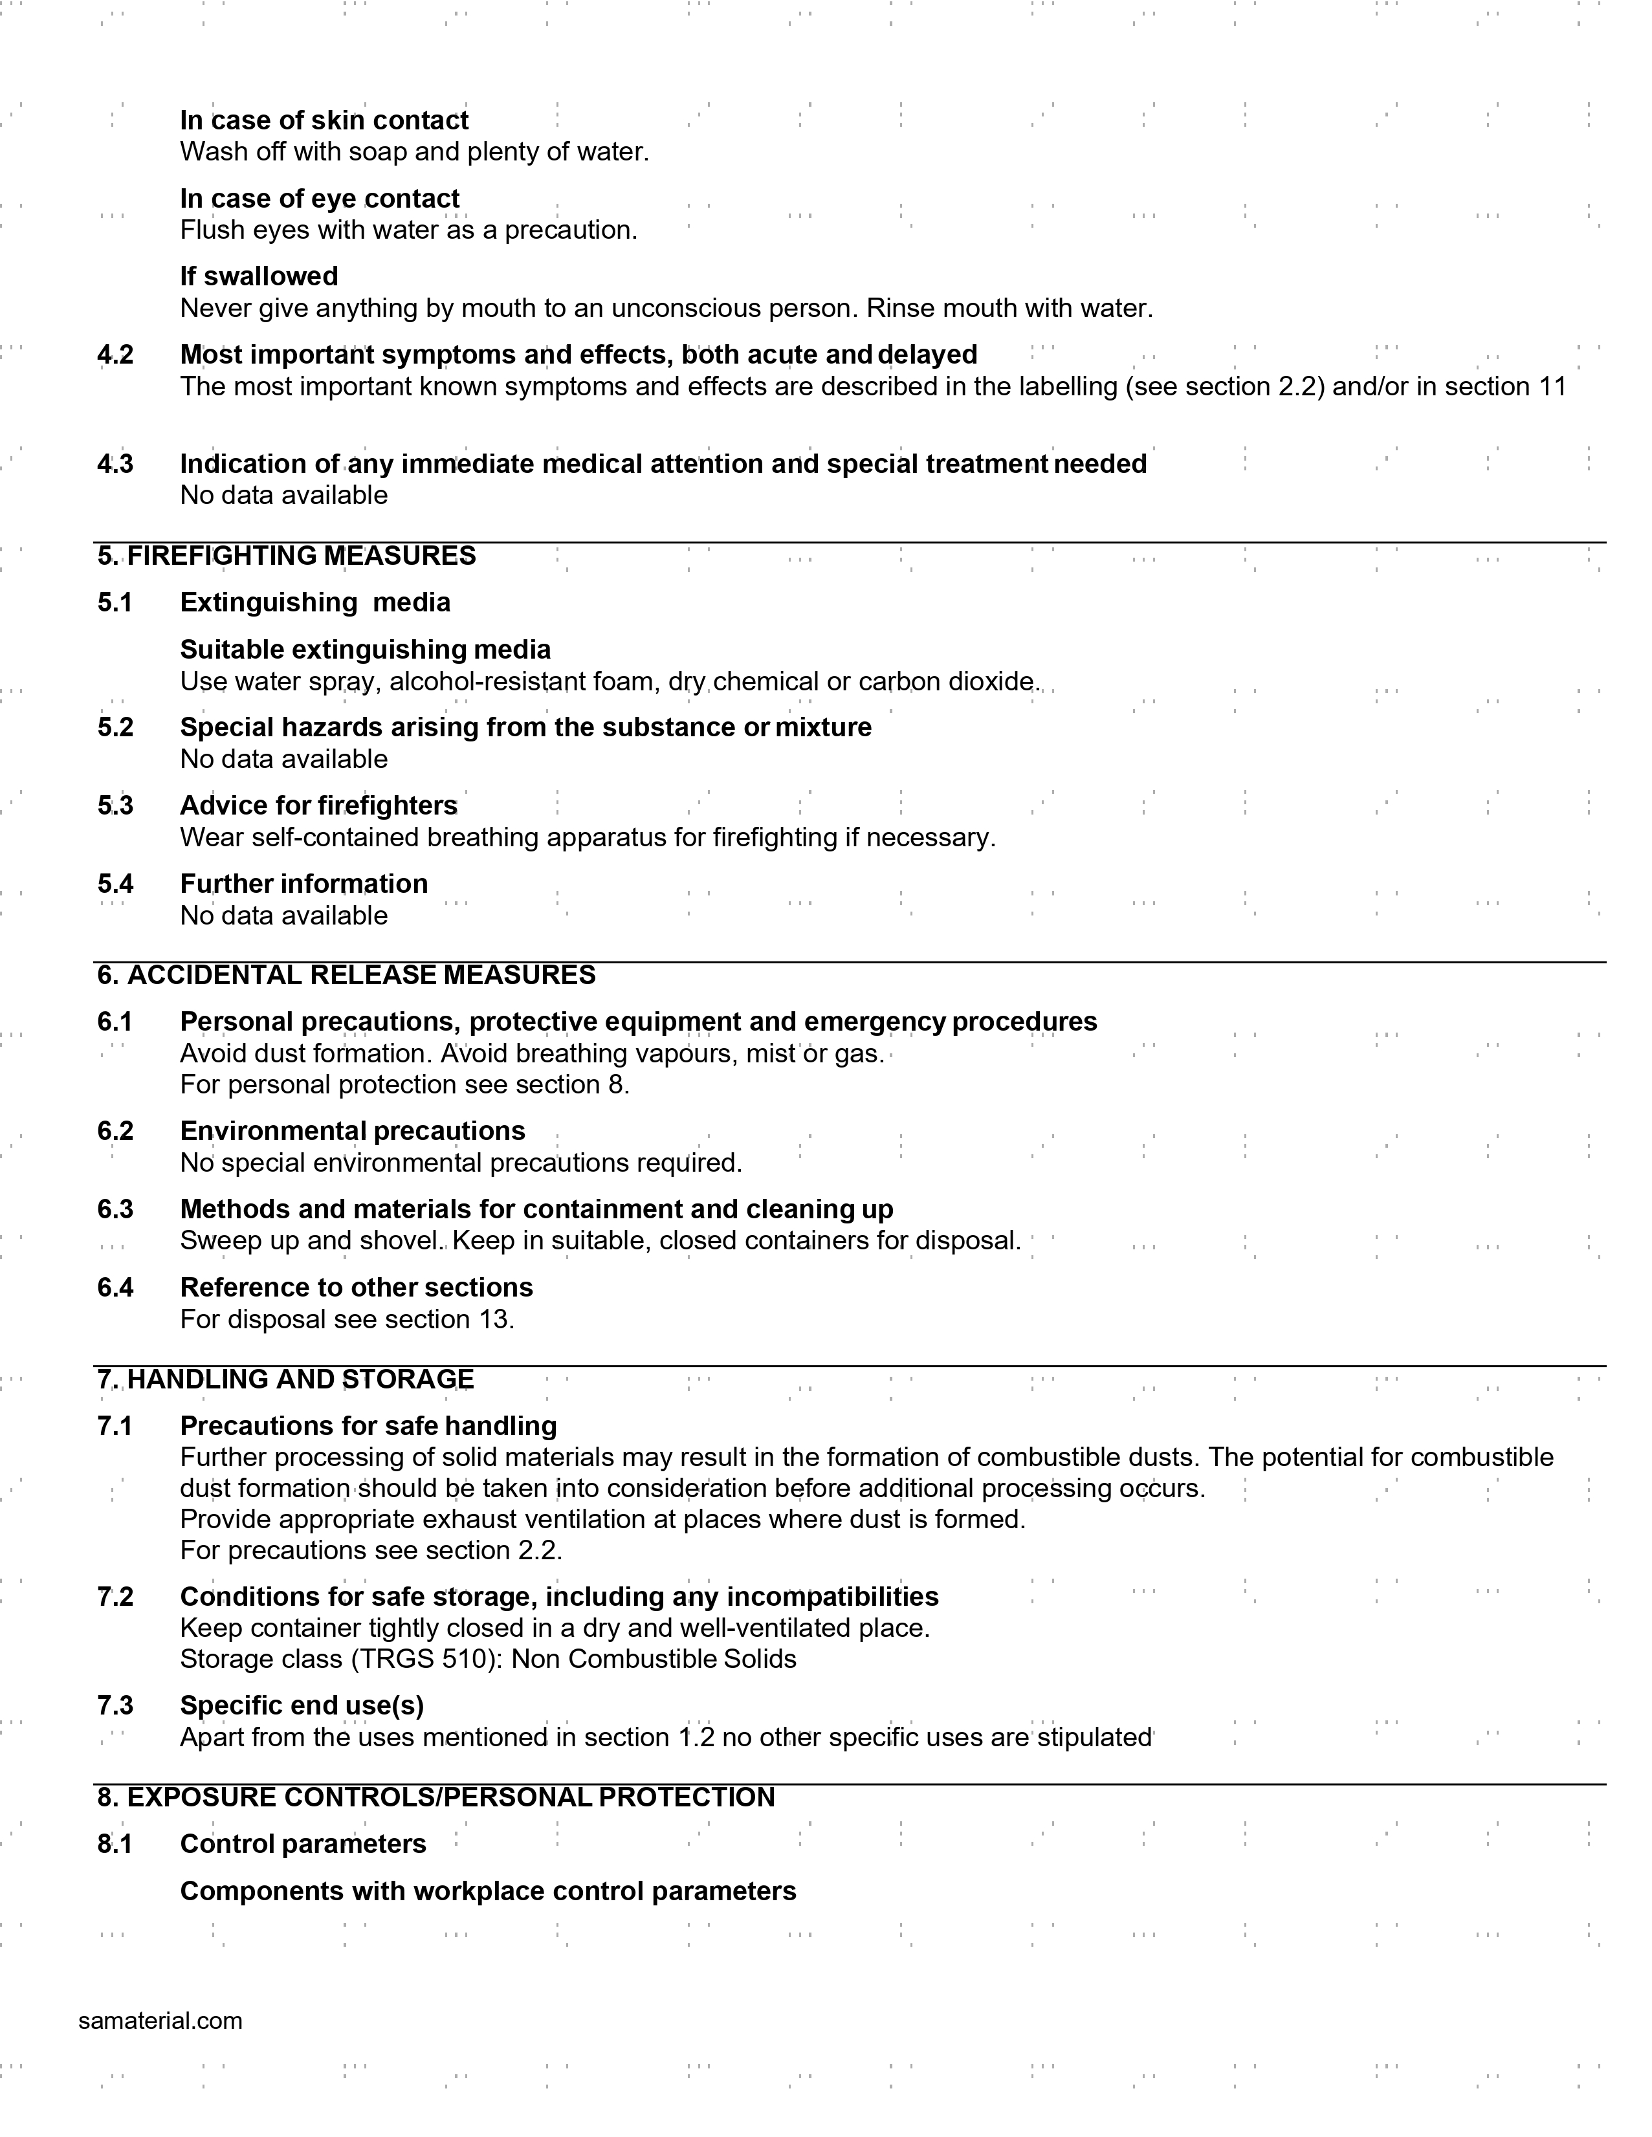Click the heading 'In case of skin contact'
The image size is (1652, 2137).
(x=324, y=120)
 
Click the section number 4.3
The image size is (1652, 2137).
(x=115, y=464)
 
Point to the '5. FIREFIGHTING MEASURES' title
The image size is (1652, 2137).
(x=287, y=556)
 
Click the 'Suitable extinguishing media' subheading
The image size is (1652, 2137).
(x=365, y=650)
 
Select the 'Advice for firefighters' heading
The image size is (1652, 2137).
(x=318, y=805)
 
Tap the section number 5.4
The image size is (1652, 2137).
(x=115, y=884)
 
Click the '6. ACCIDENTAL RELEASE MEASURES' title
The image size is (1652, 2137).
(x=346, y=976)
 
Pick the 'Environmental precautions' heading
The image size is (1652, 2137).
(x=352, y=1131)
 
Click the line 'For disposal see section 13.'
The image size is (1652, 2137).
(x=347, y=1319)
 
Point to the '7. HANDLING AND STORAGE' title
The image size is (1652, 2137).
(x=286, y=1379)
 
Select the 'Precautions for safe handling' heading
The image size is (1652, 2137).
(x=368, y=1426)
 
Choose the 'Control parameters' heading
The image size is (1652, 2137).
(x=303, y=1845)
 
